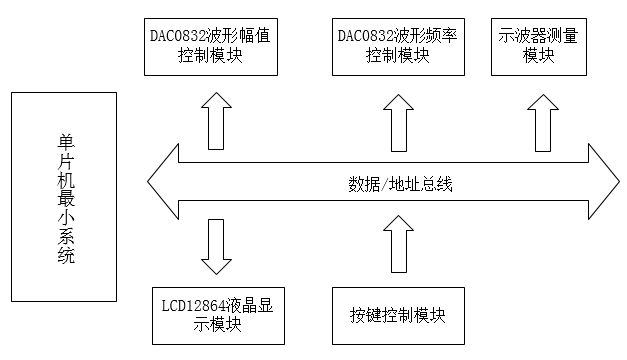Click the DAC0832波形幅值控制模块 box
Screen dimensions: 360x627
tap(209, 46)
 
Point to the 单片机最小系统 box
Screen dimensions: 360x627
tap(64, 200)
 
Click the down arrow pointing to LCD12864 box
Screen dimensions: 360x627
tap(213, 247)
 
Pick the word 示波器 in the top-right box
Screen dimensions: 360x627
tap(518, 36)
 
